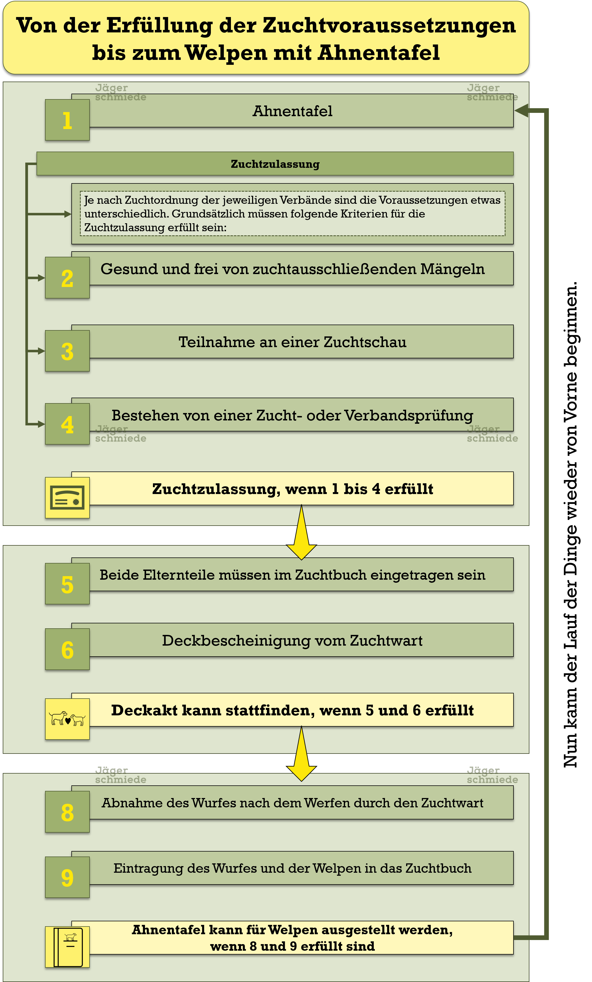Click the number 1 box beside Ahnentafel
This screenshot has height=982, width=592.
(x=67, y=119)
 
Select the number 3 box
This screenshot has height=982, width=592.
(x=67, y=351)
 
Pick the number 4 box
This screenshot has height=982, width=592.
(x=67, y=424)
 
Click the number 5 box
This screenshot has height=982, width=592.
(x=67, y=584)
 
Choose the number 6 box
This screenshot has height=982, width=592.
(x=67, y=649)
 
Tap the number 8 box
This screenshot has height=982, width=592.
(x=67, y=811)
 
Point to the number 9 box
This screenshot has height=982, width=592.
(x=67, y=877)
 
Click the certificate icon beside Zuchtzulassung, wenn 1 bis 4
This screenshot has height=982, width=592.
(x=67, y=497)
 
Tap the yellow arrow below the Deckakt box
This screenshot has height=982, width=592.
(x=301, y=754)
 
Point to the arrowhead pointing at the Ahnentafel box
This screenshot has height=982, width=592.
(x=521, y=110)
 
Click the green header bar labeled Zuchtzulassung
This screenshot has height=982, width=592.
(x=275, y=163)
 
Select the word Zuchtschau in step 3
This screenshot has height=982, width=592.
(x=365, y=342)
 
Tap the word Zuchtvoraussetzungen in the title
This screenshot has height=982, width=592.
(x=389, y=26)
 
